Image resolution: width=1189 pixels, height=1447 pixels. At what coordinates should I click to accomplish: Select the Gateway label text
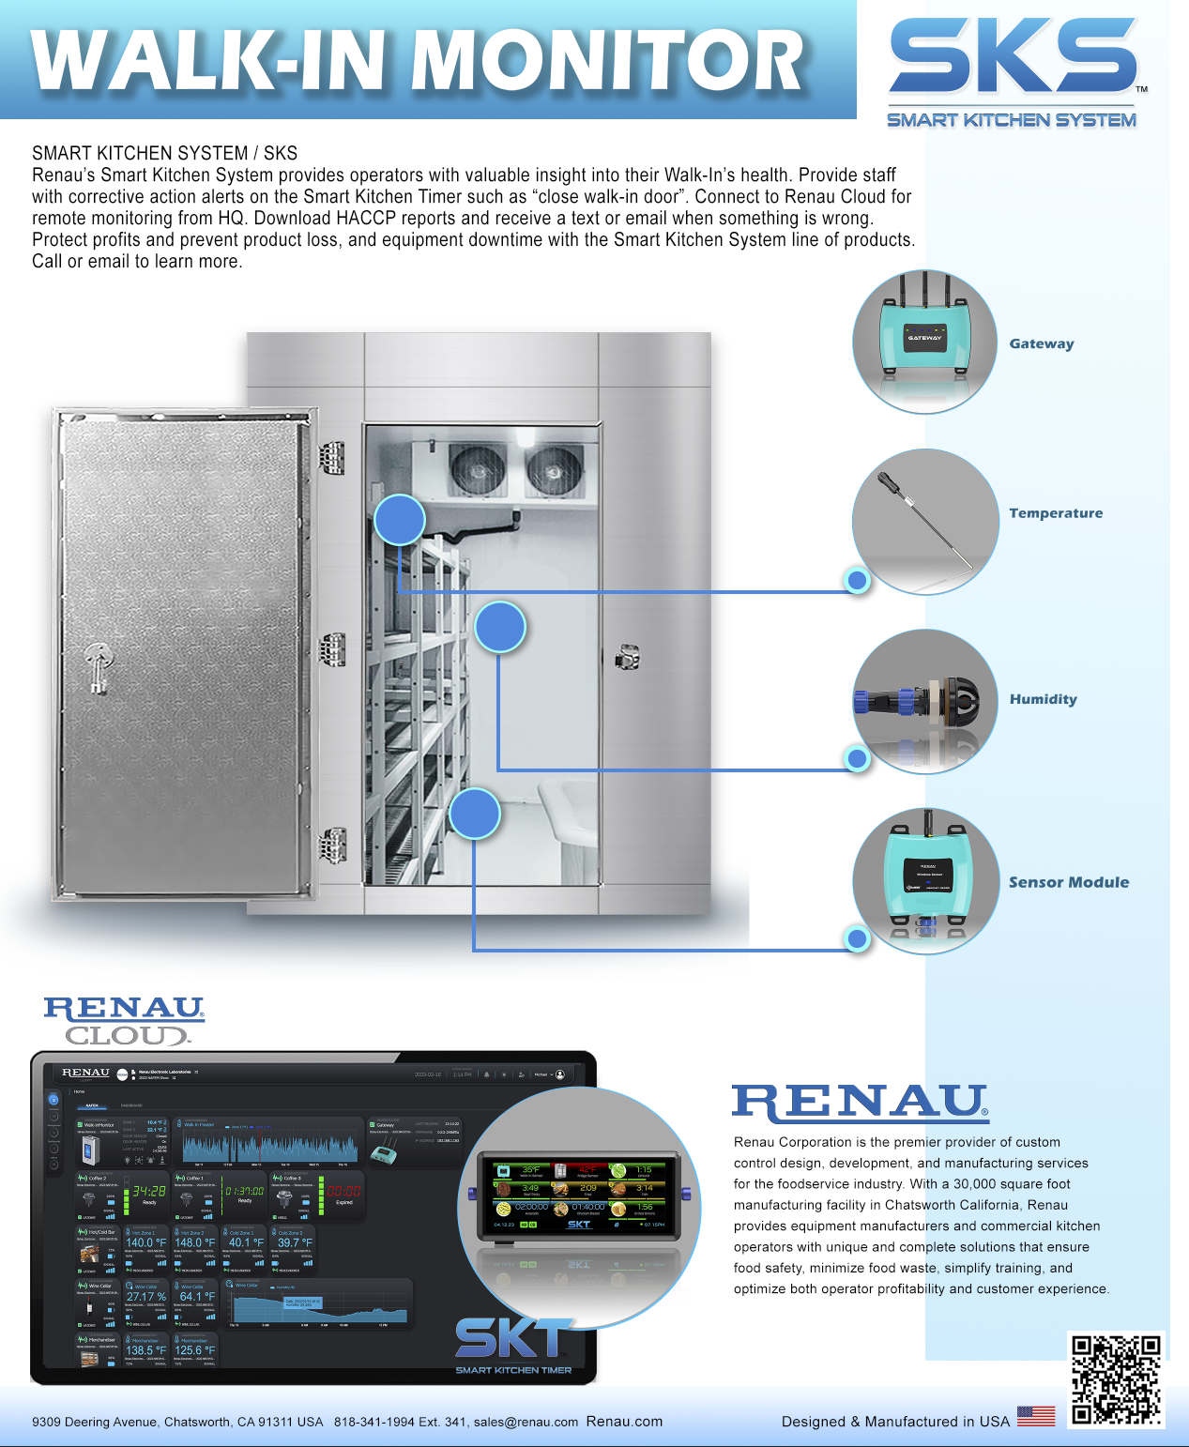click(1042, 343)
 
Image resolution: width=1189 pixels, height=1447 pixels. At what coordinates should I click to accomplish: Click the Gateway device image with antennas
click(924, 338)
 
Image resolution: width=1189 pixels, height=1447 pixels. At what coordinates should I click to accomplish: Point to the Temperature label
click(1056, 513)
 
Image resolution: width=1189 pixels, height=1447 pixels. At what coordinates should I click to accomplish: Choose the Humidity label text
click(1043, 699)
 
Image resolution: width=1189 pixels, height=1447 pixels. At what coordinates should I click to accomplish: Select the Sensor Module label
click(1069, 882)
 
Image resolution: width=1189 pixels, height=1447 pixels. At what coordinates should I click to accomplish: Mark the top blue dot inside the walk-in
click(400, 520)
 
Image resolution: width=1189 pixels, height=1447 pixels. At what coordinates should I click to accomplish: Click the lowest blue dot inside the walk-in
click(475, 814)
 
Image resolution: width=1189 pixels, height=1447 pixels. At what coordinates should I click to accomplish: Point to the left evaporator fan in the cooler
click(478, 468)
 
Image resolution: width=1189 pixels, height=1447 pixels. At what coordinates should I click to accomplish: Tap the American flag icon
click(1036, 1415)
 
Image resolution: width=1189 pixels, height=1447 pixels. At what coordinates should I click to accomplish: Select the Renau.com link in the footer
click(624, 1421)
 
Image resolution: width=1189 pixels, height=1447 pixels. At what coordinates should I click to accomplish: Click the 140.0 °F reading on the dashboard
click(145, 1242)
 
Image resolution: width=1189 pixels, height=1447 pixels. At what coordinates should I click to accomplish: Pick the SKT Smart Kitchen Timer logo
click(513, 1344)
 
